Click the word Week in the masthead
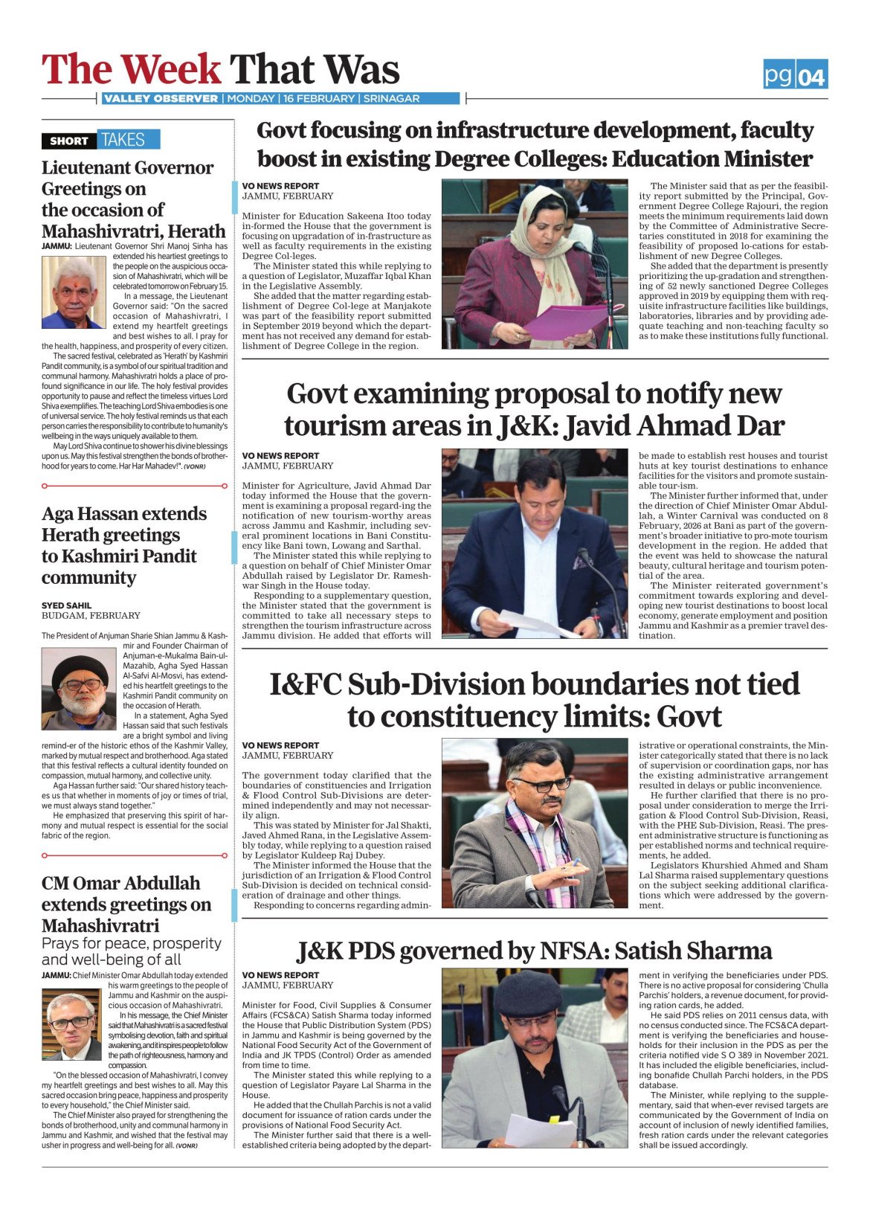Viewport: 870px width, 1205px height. [171, 70]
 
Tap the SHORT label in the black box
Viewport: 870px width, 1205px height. [69, 141]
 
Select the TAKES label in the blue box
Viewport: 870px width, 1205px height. [123, 140]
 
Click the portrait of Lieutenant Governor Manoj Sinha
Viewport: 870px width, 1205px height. [74, 292]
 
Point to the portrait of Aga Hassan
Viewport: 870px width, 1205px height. [79, 693]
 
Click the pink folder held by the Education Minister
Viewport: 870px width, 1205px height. [568, 321]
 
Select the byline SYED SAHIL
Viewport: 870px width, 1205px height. [67, 605]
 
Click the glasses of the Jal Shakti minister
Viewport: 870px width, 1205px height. [541, 783]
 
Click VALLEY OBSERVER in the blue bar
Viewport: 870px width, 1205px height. [161, 99]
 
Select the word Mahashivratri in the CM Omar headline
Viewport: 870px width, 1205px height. [100, 926]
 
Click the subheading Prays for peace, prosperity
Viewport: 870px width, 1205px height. [132, 943]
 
